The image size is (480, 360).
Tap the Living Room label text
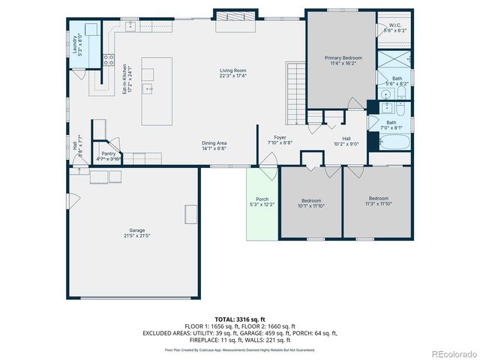pos(233,73)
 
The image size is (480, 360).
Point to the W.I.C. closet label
pos(394,28)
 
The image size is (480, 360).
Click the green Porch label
pos(262,201)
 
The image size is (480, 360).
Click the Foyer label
pos(280,139)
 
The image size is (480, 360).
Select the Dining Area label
pos(214,145)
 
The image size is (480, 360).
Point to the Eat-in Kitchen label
pos(127,79)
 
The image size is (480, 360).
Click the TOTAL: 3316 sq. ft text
pos(239,319)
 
